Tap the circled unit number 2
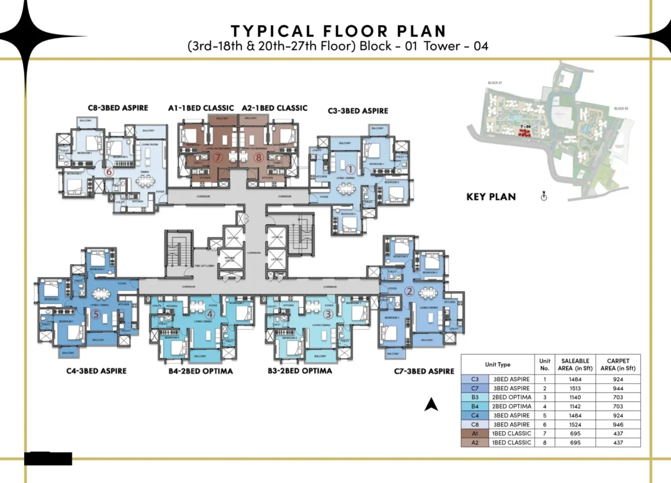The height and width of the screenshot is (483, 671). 409,291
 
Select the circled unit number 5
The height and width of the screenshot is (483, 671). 96,315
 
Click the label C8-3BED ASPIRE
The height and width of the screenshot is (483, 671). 118,108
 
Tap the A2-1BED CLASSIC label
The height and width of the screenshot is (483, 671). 275,108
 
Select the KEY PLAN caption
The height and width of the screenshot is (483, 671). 491,197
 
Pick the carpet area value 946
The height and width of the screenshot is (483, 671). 618,424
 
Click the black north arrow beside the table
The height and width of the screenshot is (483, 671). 431,404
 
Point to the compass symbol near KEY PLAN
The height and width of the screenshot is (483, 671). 543,196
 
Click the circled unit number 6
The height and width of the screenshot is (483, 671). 109,172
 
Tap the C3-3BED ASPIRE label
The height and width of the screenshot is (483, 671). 358,111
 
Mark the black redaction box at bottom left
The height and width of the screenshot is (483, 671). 48,458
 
